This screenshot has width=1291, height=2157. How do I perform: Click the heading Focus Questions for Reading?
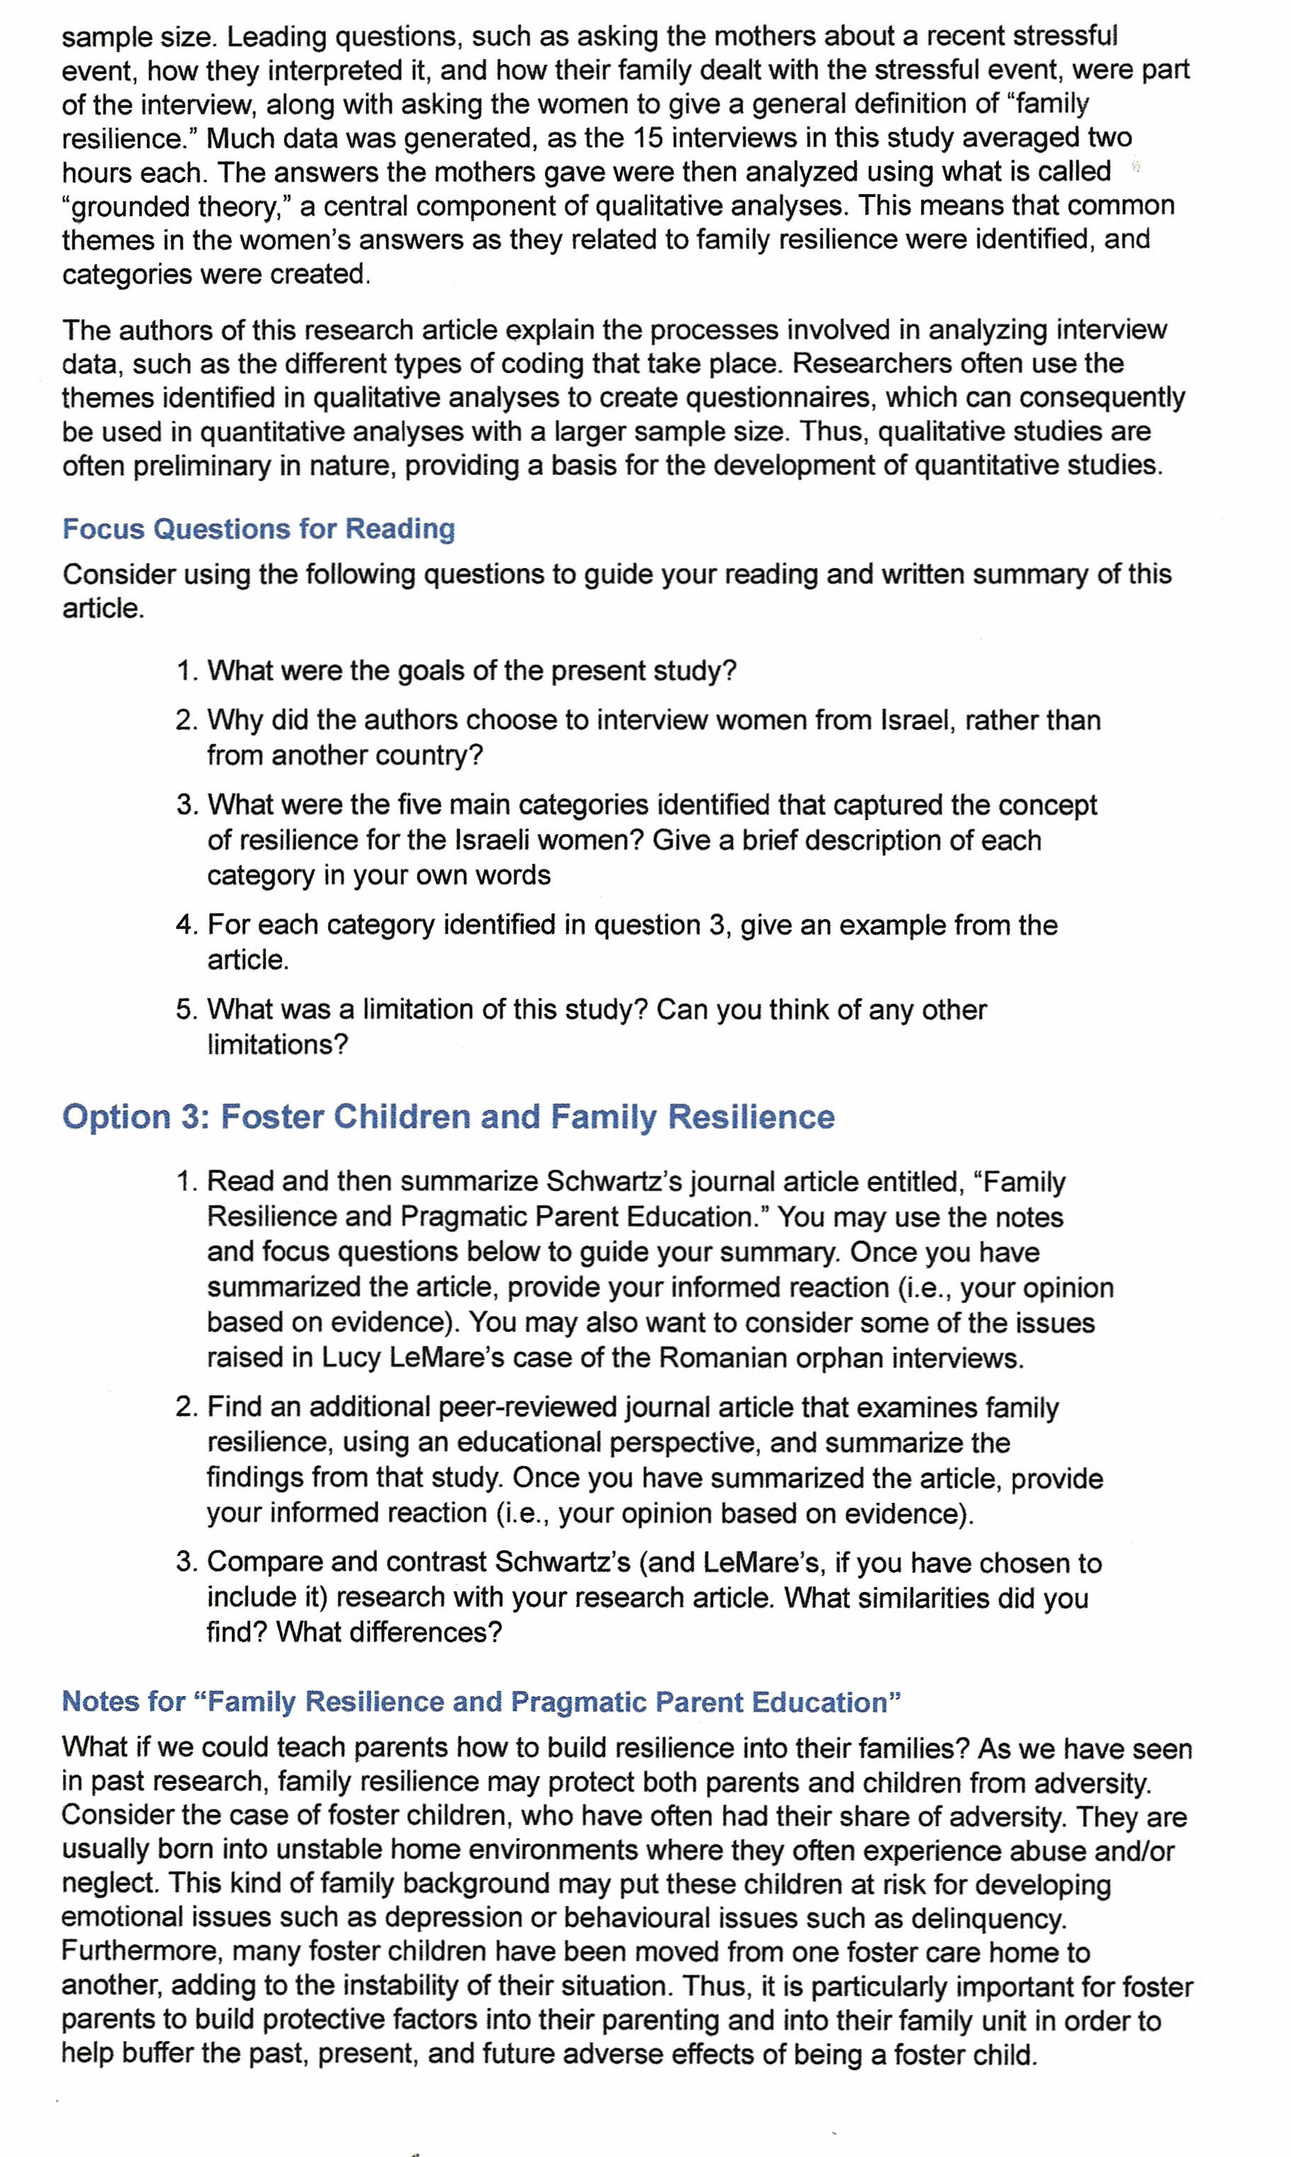[258, 529]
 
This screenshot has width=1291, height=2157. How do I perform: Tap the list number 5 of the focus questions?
[185, 1010]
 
